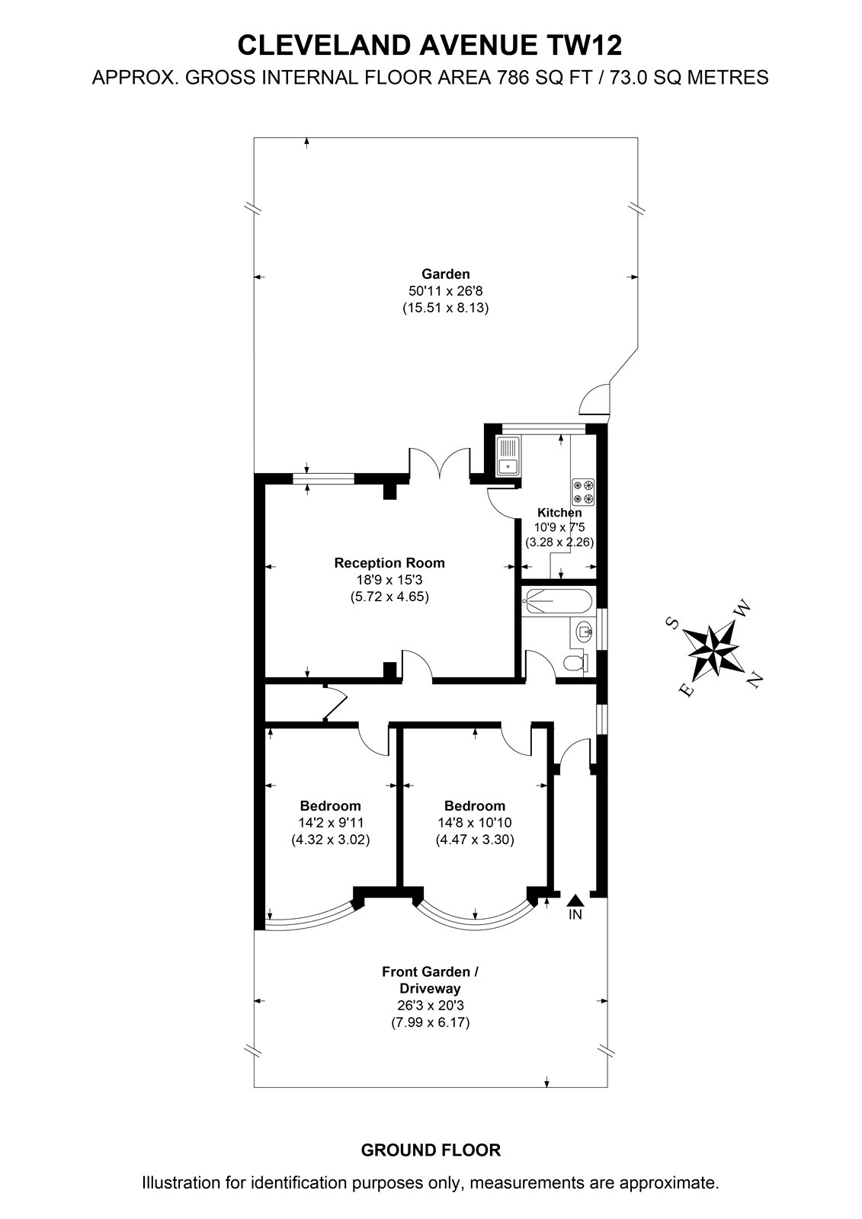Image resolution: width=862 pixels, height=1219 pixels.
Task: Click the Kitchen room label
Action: tap(559, 512)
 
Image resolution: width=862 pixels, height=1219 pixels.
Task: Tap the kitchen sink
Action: tap(508, 456)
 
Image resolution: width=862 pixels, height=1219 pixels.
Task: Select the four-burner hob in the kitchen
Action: tap(582, 491)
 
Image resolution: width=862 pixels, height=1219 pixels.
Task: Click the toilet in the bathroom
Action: tap(575, 664)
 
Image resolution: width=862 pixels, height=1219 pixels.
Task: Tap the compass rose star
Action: tap(713, 651)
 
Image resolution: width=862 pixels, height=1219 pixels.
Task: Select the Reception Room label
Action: tap(389, 563)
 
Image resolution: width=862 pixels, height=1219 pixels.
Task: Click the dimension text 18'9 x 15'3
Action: tap(389, 580)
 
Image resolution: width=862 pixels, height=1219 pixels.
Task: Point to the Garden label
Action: tap(445, 274)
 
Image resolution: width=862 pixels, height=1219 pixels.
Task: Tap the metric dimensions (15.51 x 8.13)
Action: tap(445, 308)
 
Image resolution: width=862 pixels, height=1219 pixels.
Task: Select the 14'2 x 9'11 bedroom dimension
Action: tap(331, 823)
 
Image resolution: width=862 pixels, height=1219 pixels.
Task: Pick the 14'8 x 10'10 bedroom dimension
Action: tap(475, 823)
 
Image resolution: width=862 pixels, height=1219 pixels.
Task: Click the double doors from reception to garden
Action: tap(440, 463)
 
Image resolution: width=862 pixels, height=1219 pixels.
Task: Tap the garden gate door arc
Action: tap(594, 398)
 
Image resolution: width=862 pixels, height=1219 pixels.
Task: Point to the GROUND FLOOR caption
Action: tap(431, 1150)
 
